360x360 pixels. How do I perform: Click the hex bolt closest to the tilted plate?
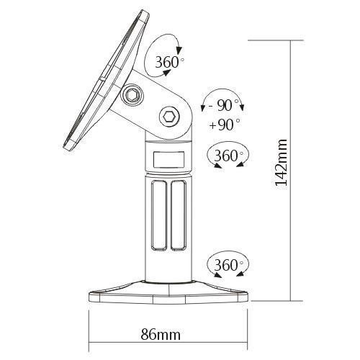[x=134, y=95]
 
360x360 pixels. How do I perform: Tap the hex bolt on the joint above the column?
[x=168, y=115]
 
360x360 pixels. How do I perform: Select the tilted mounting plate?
[x=104, y=86]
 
